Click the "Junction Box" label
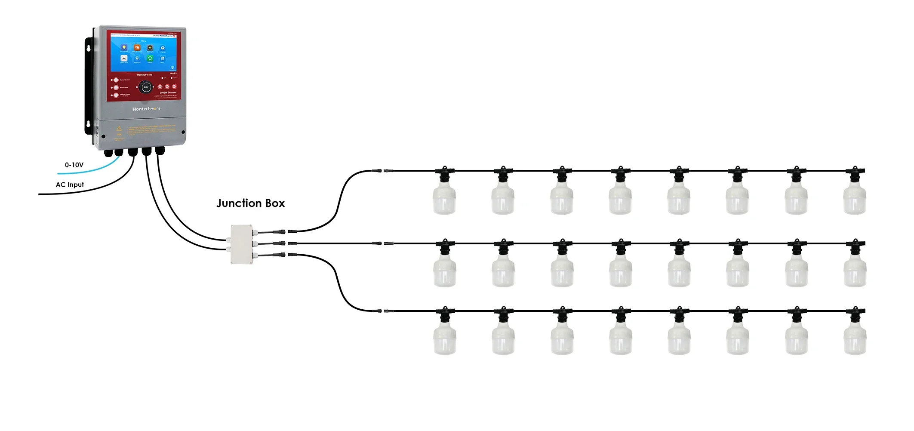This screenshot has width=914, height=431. [250, 203]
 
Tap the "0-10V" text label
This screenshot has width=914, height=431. [74, 165]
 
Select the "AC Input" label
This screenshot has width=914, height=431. [70, 185]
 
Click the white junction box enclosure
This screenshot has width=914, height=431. [242, 244]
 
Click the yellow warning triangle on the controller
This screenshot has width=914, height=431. [119, 128]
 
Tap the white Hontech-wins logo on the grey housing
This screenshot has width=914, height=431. [146, 109]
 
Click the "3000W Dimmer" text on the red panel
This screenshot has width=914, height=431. [168, 92]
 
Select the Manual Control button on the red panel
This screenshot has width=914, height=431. [116, 80]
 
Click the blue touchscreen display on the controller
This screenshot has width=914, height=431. [144, 54]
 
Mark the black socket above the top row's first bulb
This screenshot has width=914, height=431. [444, 173]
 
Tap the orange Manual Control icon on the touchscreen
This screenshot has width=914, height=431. [137, 48]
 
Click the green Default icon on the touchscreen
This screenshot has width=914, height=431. [150, 58]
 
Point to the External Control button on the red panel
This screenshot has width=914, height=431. [116, 95]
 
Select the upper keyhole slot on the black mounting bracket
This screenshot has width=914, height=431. [89, 48]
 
